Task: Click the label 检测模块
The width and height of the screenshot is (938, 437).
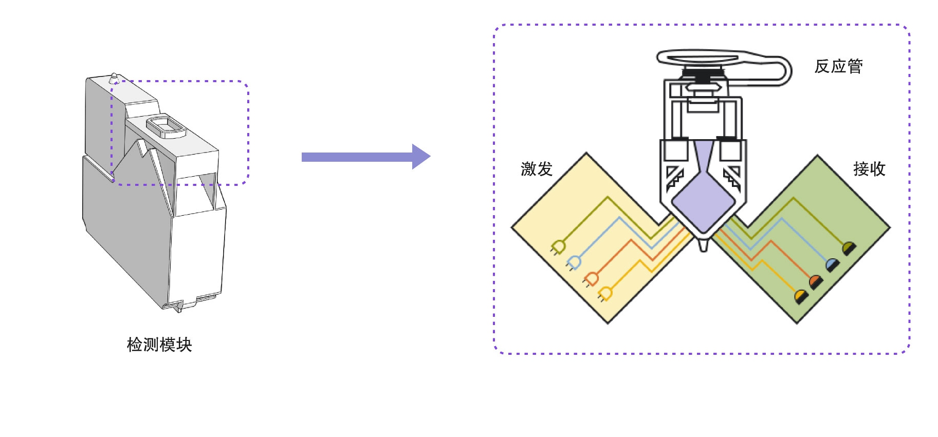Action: pyautogui.click(x=159, y=345)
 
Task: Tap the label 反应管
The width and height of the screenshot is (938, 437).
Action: pyautogui.click(x=838, y=67)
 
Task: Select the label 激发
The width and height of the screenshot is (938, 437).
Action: pyautogui.click(x=536, y=169)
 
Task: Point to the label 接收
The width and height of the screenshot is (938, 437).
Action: pyautogui.click(x=869, y=169)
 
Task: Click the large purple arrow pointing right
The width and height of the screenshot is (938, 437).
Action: pyautogui.click(x=365, y=157)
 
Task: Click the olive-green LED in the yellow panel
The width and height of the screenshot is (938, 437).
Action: pyautogui.click(x=559, y=247)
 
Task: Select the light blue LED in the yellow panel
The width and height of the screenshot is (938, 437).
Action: pyautogui.click(x=574, y=263)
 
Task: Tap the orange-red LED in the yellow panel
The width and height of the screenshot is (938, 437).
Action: pyautogui.click(x=591, y=279)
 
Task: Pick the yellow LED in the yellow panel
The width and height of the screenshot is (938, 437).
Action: pyautogui.click(x=605, y=294)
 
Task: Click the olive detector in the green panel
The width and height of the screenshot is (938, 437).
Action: pyautogui.click(x=849, y=249)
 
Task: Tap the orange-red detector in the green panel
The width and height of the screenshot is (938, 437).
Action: pyautogui.click(x=815, y=281)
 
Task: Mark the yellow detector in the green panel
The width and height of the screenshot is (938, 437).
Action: pyautogui.click(x=800, y=296)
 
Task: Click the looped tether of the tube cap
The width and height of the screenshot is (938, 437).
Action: pyautogui.click(x=781, y=72)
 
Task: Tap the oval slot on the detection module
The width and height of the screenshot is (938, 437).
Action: pyautogui.click(x=165, y=127)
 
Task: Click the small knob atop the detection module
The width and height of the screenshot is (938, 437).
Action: pyautogui.click(x=114, y=78)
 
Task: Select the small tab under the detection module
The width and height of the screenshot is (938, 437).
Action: pyautogui.click(x=178, y=307)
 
